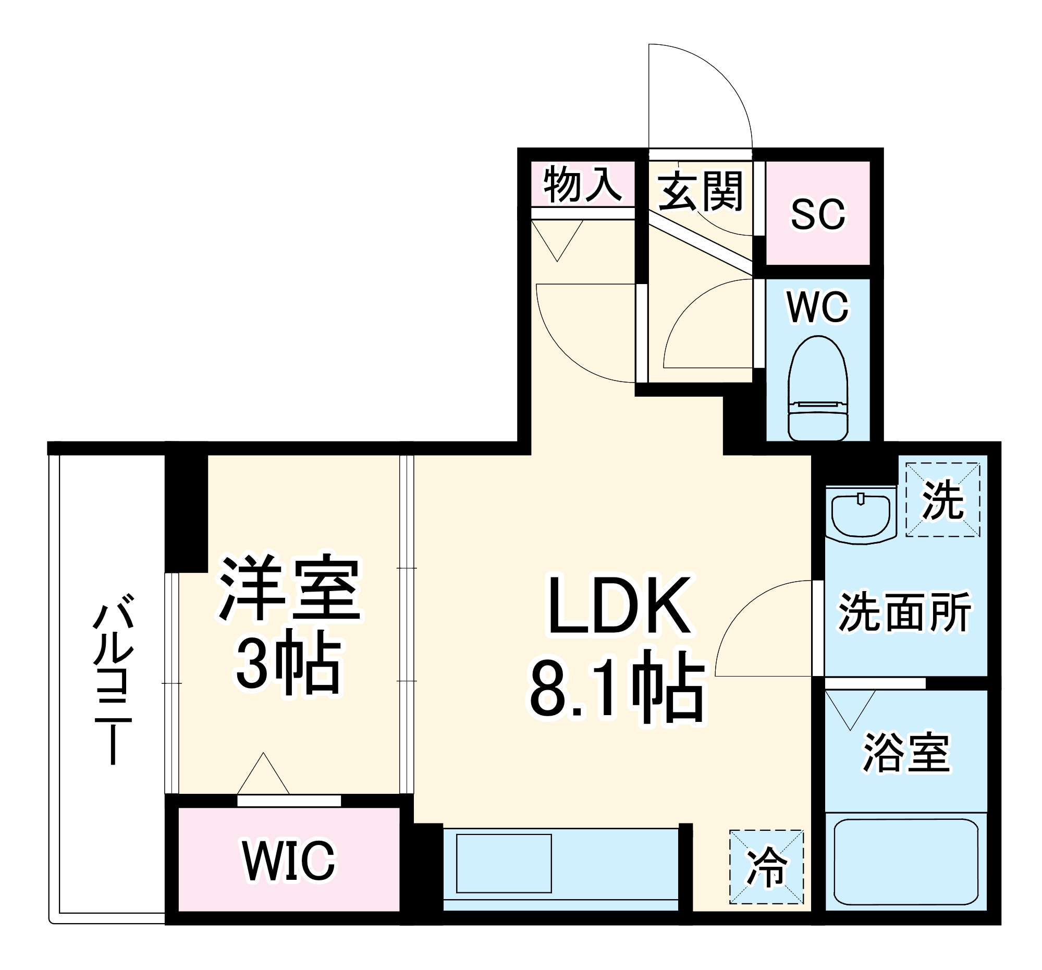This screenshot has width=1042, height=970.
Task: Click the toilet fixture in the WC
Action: (x=818, y=389)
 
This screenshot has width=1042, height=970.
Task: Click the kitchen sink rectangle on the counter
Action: (x=504, y=863)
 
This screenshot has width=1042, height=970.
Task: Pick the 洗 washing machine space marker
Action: (x=943, y=499)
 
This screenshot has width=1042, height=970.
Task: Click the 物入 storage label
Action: (x=582, y=185)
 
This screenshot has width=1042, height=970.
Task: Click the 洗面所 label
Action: (x=905, y=612)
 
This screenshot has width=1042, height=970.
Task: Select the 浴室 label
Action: (x=906, y=753)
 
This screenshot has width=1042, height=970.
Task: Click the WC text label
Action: (x=818, y=307)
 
